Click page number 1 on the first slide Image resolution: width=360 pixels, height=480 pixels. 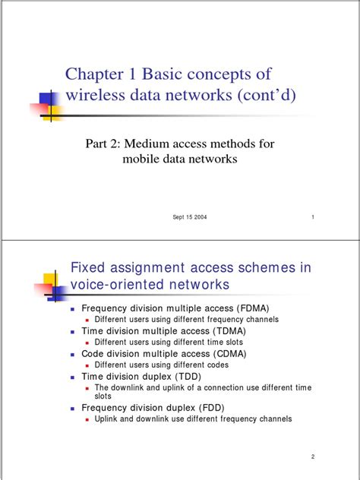(x=312, y=218)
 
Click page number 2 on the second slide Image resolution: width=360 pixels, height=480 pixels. (x=312, y=456)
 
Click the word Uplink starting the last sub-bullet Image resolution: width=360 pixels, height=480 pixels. (x=106, y=419)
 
